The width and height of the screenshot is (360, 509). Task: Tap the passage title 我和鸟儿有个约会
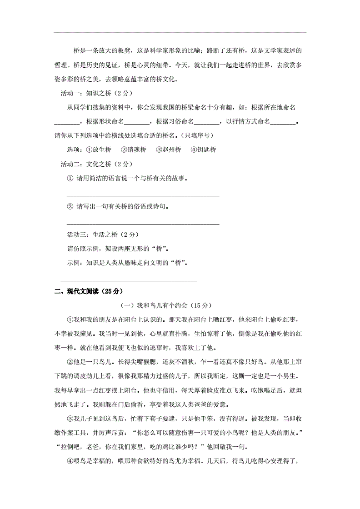(166, 305)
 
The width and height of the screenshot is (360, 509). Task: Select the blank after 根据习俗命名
(207, 122)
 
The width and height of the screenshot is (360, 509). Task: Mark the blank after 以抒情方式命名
(283, 122)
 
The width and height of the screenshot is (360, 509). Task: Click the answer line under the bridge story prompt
(143, 196)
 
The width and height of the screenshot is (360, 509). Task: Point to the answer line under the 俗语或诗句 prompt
(143, 224)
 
